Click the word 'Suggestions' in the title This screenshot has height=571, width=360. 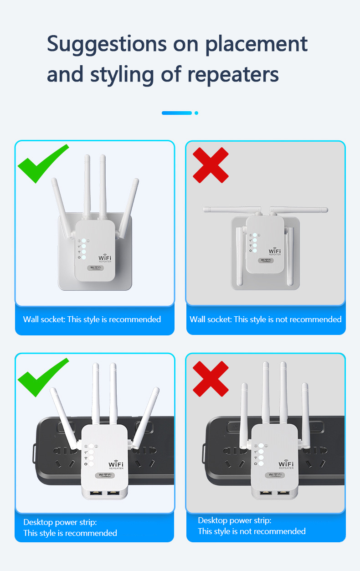107,44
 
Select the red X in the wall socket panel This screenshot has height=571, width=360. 210,165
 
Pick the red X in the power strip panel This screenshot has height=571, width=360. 210,379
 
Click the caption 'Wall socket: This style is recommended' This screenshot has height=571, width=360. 92,319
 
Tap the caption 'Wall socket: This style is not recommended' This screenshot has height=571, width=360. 265,319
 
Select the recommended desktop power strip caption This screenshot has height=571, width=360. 70,527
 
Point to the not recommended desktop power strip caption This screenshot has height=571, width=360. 252,525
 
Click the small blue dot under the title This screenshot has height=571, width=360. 196,113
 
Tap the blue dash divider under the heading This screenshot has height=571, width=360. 176,113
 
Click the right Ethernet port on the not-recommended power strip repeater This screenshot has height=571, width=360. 283,493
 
